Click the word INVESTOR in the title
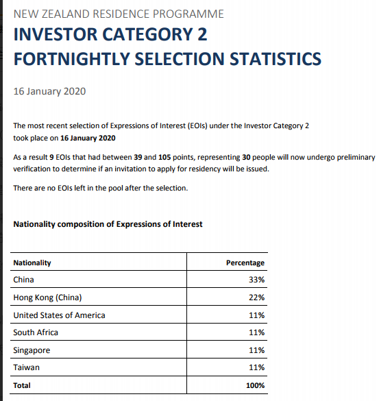pyautogui.click(x=56, y=34)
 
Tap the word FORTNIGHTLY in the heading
pyautogui.click(x=72, y=59)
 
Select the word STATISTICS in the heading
pyautogui.click(x=276, y=59)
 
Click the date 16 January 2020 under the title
pyautogui.click(x=49, y=91)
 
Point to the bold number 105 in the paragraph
pyautogui.click(x=164, y=157)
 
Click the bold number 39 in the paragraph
pyautogui.click(x=138, y=157)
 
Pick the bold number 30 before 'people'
pyautogui.click(x=246, y=157)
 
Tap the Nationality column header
pyautogui.click(x=32, y=263)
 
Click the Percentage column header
pyautogui.click(x=245, y=263)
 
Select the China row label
pyautogui.click(x=23, y=280)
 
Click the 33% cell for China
pyautogui.click(x=257, y=280)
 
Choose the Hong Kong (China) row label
pyautogui.click(x=47, y=297)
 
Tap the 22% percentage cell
pyautogui.click(x=257, y=297)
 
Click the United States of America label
pyautogui.click(x=60, y=315)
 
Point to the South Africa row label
pyautogui.click(x=36, y=332)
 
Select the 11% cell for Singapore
pyautogui.click(x=257, y=350)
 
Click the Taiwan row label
pyautogui.click(x=27, y=367)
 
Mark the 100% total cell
pyautogui.click(x=255, y=385)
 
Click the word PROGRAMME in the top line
pyautogui.click(x=188, y=14)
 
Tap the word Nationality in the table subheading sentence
pyautogui.click(x=34, y=224)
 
